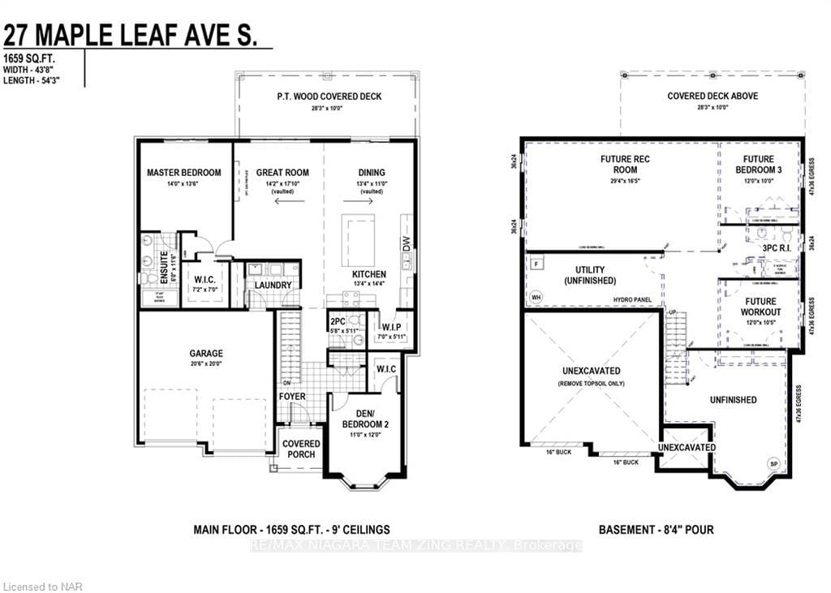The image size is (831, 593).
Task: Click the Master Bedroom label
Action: (183, 173)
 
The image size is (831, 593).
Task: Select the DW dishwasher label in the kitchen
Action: (406, 243)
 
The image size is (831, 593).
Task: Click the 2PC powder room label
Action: (338, 322)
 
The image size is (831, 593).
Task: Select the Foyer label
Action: (292, 397)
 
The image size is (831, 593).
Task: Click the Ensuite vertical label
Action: (164, 267)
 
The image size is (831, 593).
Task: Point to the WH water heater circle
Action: (536, 297)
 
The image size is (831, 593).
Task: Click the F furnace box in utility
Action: (536, 264)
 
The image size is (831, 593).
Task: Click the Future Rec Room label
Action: (624, 165)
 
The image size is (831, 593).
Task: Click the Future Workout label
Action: (760, 307)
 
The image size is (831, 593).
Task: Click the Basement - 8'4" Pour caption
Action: (656, 530)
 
